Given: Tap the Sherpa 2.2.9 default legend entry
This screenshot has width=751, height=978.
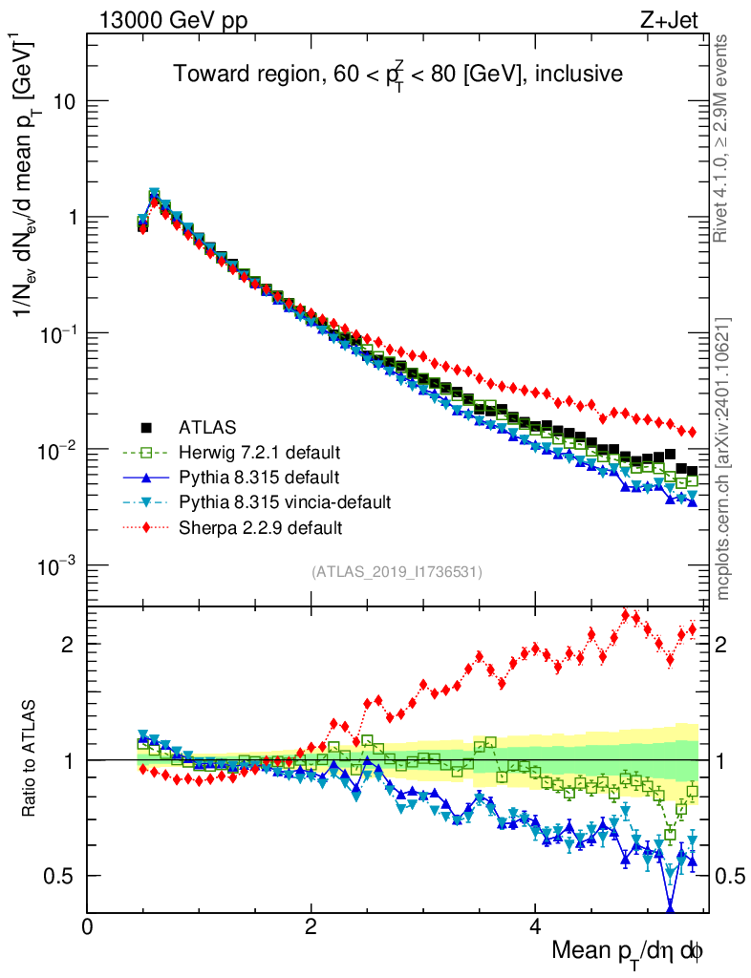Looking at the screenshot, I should pyautogui.click(x=258, y=526).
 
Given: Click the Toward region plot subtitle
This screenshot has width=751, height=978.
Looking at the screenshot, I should pyautogui.click(x=397, y=74).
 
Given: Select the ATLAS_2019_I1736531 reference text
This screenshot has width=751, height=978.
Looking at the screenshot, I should pyautogui.click(x=397, y=572).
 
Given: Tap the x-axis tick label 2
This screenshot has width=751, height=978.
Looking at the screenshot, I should pyautogui.click(x=311, y=926).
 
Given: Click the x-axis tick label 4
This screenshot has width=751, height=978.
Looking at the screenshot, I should pyautogui.click(x=535, y=926).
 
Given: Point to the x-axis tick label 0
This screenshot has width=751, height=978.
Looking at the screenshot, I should pyautogui.click(x=87, y=926).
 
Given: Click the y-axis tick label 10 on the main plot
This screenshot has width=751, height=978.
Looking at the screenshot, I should pyautogui.click(x=63, y=101).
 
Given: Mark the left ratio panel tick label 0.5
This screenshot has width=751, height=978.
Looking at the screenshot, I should pyautogui.click(x=61, y=876).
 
